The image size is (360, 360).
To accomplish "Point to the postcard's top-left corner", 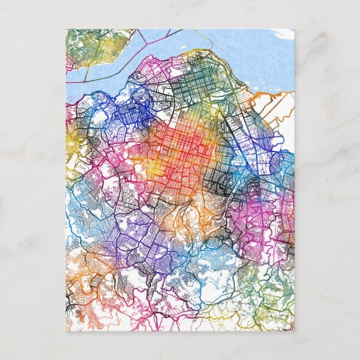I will (x=66, y=29).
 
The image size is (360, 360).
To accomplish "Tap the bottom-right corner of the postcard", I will (x=294, y=331).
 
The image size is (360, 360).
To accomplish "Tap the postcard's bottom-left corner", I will (x=66, y=331).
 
